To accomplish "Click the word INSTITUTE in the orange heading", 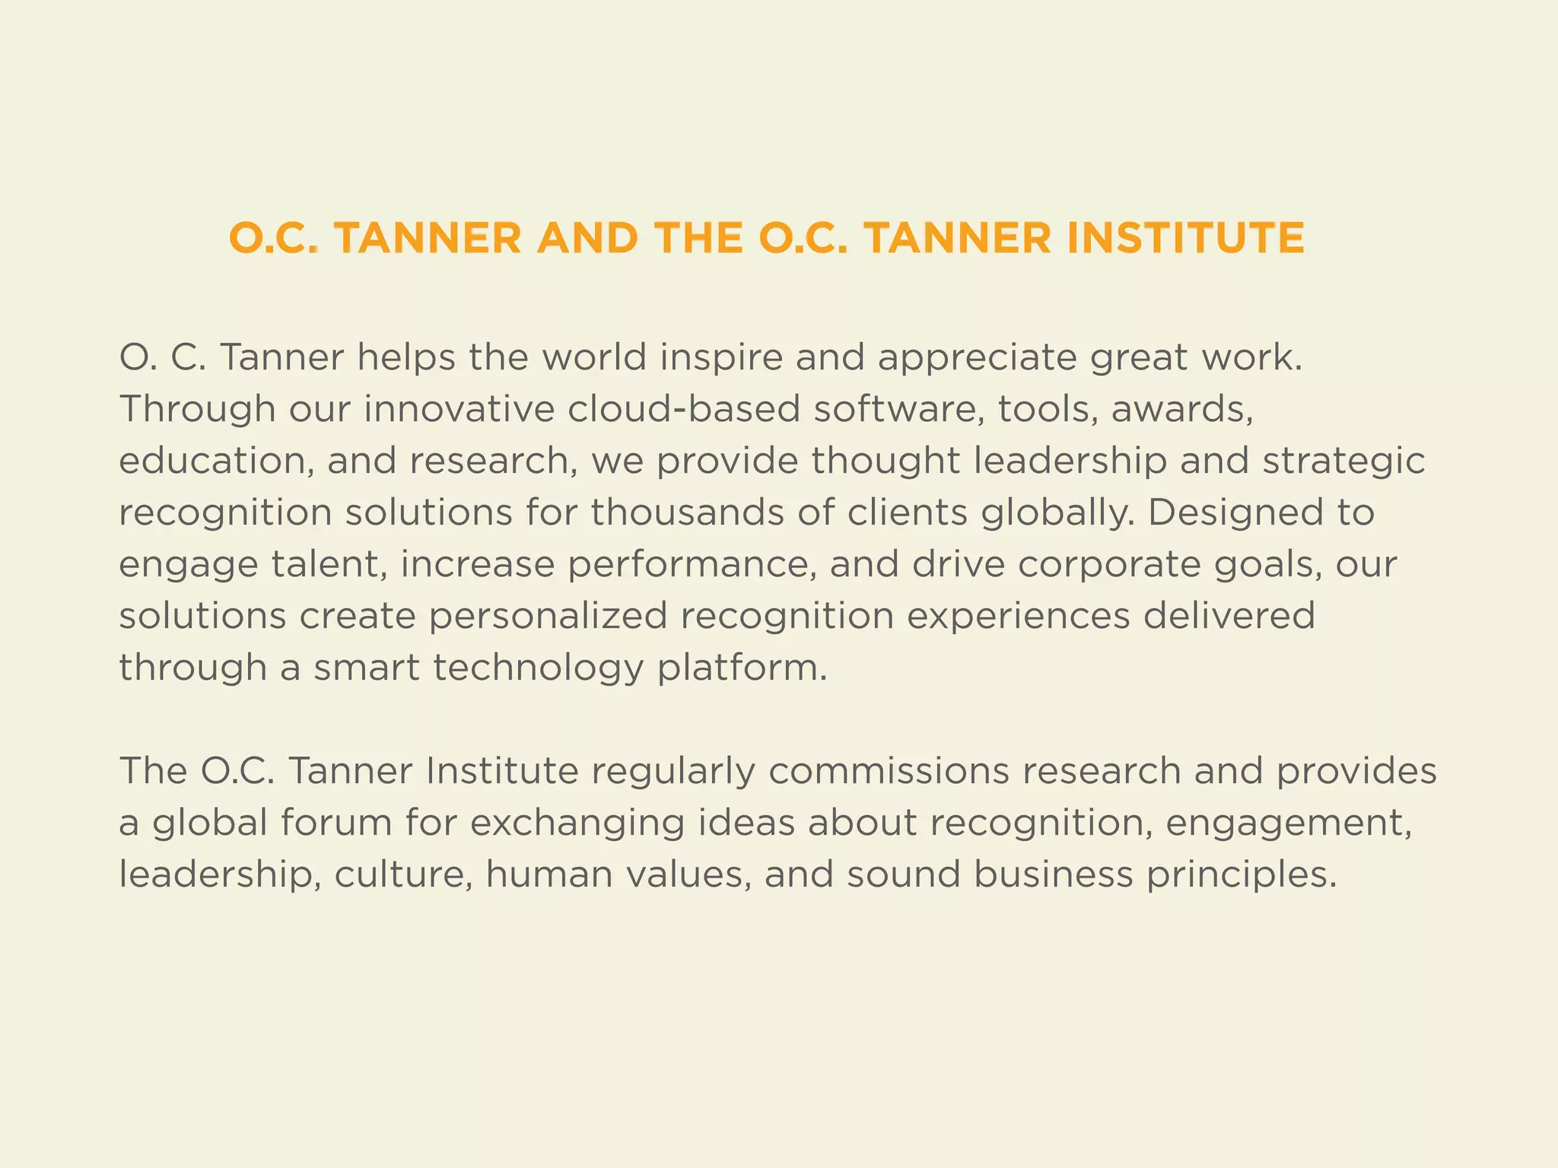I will click(x=1185, y=238).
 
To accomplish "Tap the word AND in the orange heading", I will click(x=587, y=238).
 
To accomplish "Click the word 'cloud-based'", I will click(x=684, y=409).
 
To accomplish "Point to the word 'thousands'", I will click(x=687, y=513).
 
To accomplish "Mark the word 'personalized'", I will click(x=548, y=617).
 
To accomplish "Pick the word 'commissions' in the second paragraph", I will click(x=889, y=772).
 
